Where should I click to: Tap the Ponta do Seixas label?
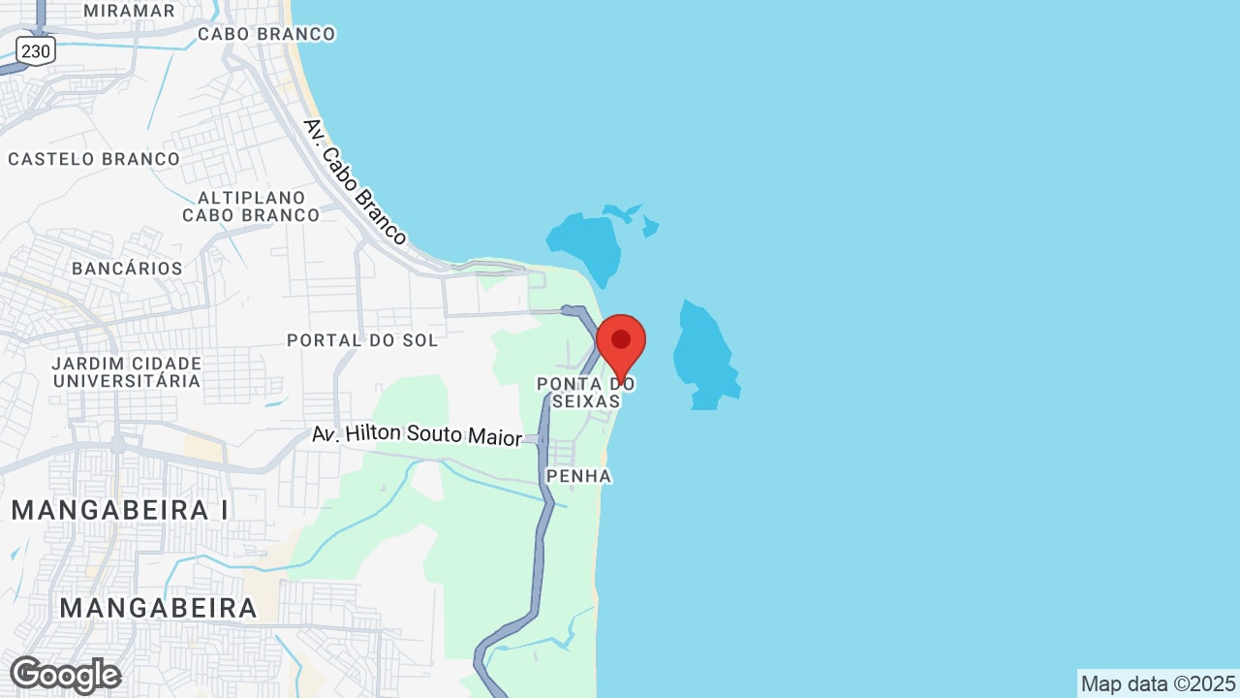(585, 392)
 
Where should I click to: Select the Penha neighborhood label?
(578, 476)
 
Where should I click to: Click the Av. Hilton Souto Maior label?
(417, 435)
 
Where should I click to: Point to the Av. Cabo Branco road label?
(355, 181)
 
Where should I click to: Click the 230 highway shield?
(36, 50)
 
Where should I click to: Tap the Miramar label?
(130, 11)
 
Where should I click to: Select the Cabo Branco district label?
(266, 34)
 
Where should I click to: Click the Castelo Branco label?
(94, 159)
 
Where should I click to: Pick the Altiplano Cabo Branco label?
(251, 206)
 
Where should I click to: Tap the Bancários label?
(127, 268)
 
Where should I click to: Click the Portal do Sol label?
(362, 340)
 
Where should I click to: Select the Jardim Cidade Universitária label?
(127, 371)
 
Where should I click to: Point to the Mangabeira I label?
(120, 510)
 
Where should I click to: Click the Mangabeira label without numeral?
(158, 608)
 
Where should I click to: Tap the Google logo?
(65, 675)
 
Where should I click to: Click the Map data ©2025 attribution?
(1158, 683)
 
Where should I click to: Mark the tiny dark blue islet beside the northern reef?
(650, 227)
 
